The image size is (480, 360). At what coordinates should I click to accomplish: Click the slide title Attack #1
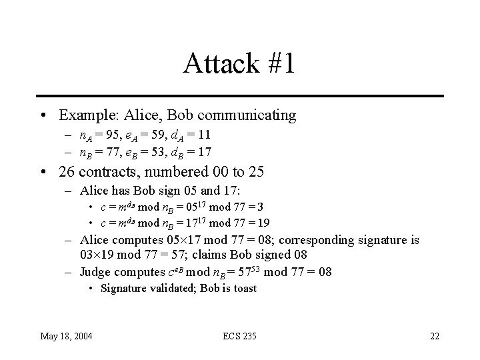tap(239, 64)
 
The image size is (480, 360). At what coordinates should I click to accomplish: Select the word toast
tap(244, 289)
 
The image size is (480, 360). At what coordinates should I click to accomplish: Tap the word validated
tap(169, 289)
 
